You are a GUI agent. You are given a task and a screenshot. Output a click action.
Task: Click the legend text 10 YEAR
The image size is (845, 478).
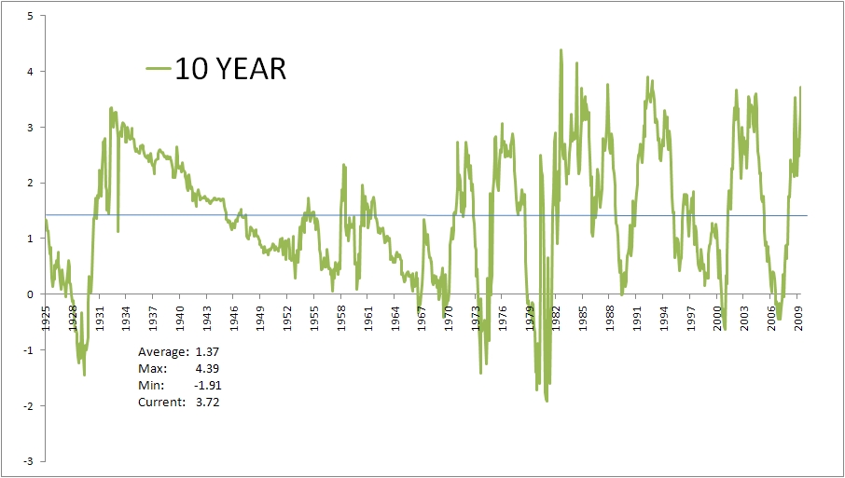point(229,69)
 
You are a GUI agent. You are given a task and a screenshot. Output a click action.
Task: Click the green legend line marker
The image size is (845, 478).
point(159,69)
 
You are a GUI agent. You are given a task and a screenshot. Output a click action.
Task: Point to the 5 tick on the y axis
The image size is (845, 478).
point(31,16)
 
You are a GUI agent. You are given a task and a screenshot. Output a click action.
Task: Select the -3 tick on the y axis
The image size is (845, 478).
point(29,461)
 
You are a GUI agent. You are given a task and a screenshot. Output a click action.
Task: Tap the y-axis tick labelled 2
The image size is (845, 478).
point(31,183)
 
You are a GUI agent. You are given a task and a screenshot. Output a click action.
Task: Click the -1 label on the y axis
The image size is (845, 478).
point(29,350)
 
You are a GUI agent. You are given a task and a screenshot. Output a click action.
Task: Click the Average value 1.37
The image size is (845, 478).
point(208,352)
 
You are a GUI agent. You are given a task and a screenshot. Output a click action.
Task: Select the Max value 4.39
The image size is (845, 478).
point(208,369)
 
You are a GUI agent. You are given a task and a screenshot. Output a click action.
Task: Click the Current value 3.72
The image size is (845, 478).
point(208,403)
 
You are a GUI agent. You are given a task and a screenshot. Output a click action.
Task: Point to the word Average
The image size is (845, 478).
point(161,352)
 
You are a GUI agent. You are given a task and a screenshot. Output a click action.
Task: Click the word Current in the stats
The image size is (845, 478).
point(160,403)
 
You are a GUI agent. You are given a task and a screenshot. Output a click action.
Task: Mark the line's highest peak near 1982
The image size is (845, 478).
point(561,50)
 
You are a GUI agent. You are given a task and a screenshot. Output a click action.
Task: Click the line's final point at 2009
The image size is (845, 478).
point(800,88)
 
